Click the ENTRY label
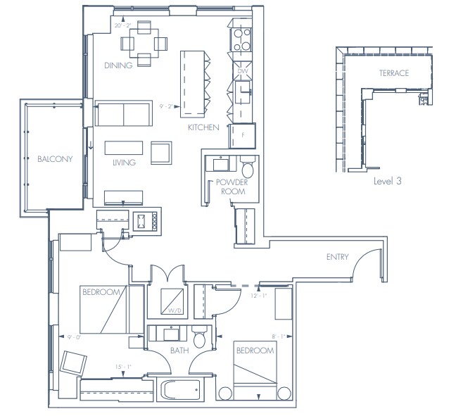(x=338, y=257)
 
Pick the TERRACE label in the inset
(x=393, y=73)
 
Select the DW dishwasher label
(x=243, y=71)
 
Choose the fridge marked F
(x=243, y=134)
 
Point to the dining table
(x=144, y=42)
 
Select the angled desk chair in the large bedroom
(x=72, y=364)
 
